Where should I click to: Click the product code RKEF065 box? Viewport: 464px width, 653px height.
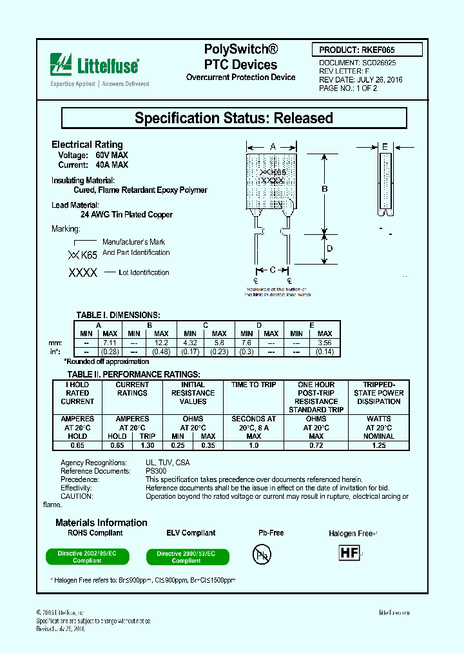pyautogui.click(x=369, y=50)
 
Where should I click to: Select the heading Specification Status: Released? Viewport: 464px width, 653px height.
pyautogui.click(x=233, y=118)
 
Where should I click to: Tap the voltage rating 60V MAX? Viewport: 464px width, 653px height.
pyautogui.click(x=111, y=156)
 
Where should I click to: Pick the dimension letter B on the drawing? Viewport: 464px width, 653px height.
pyautogui.click(x=325, y=189)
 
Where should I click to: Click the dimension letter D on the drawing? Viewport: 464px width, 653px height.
pyautogui.click(x=329, y=248)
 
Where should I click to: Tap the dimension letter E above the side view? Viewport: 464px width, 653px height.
pyautogui.click(x=385, y=147)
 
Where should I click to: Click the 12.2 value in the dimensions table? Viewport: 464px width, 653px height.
pyautogui.click(x=162, y=343)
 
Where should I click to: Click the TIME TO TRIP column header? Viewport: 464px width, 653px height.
pyautogui.click(x=254, y=385)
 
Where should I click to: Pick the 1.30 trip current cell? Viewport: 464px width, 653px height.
pyautogui.click(x=148, y=445)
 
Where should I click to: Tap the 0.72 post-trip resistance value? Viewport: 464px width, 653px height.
pyautogui.click(x=316, y=445)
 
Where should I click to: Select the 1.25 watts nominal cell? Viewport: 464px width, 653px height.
pyautogui.click(x=379, y=445)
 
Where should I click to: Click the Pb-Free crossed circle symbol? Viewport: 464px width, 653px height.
pyautogui.click(x=262, y=554)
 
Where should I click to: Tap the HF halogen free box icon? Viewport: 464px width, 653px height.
pyautogui.click(x=349, y=553)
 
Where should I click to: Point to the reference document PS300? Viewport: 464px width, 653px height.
pyautogui.click(x=156, y=471)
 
